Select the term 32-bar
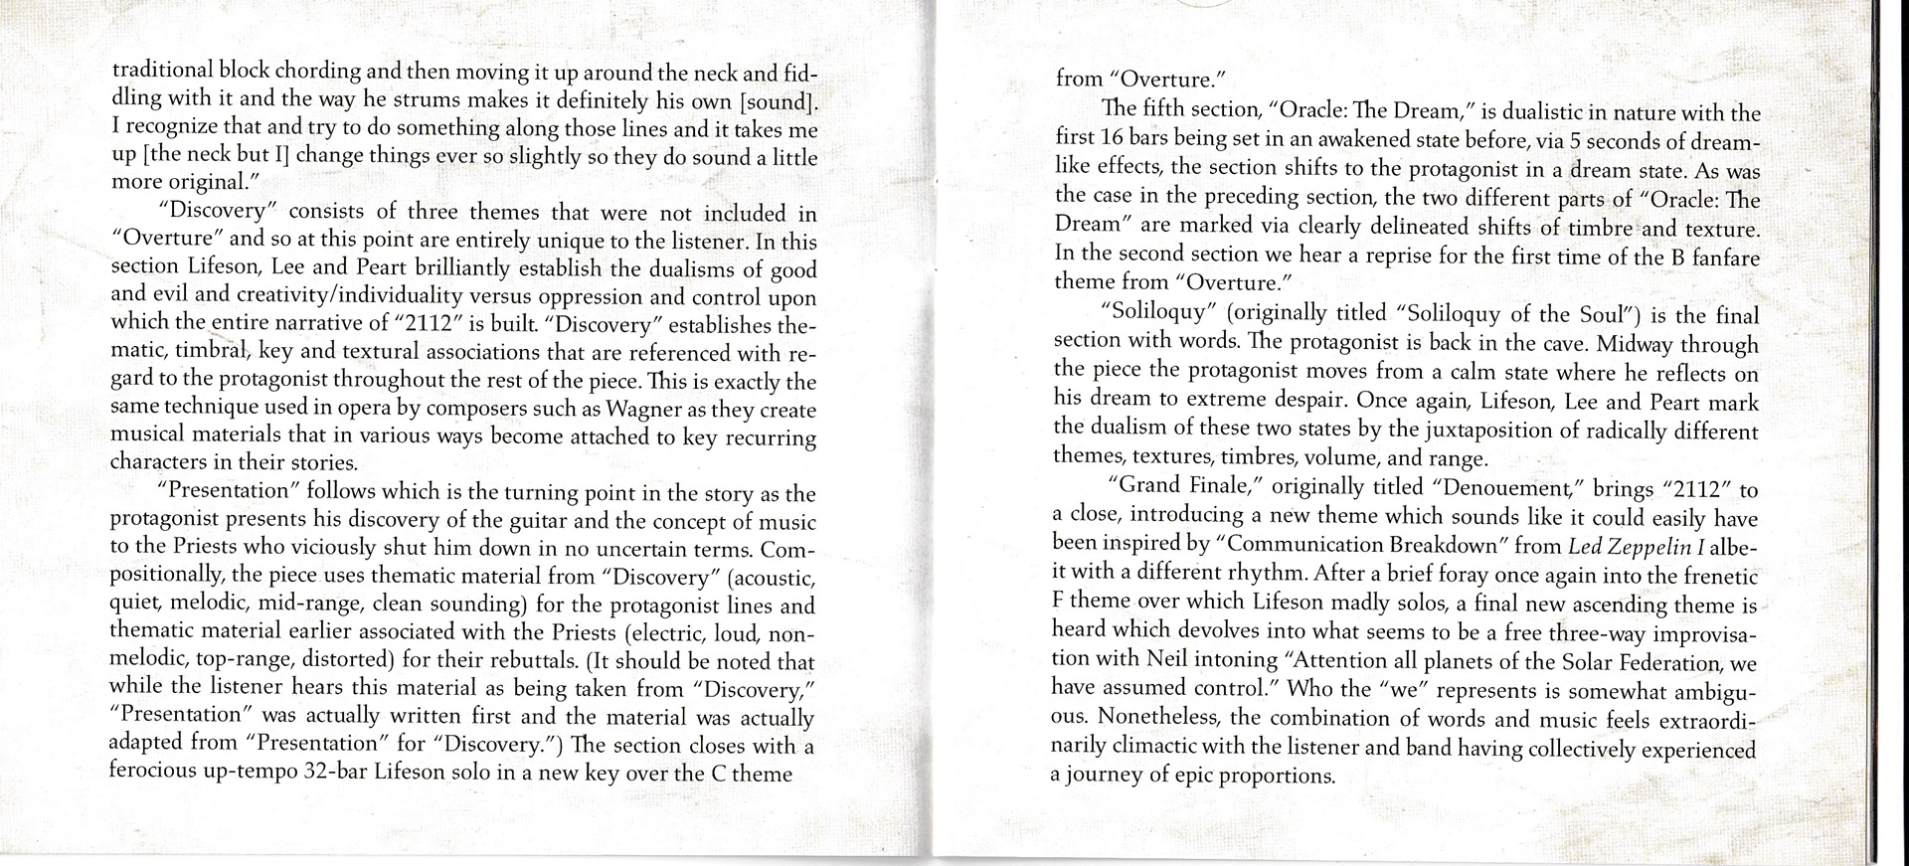pyautogui.click(x=333, y=774)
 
